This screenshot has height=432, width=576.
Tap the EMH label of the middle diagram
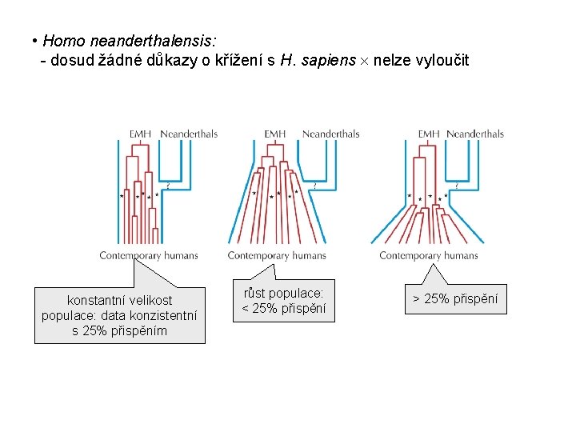(274, 134)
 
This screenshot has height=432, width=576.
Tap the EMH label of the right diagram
(429, 134)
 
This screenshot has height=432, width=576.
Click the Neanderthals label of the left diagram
(189, 134)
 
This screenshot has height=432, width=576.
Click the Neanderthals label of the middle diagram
(330, 134)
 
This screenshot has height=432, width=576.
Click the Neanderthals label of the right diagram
(475, 134)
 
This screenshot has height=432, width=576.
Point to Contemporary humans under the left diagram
(149, 256)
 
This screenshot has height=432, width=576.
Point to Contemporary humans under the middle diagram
(277, 256)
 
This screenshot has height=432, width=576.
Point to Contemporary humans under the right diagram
(429, 256)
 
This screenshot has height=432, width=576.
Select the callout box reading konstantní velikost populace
(119, 315)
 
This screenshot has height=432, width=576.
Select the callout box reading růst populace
(284, 301)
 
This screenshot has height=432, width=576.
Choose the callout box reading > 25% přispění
(454, 299)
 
